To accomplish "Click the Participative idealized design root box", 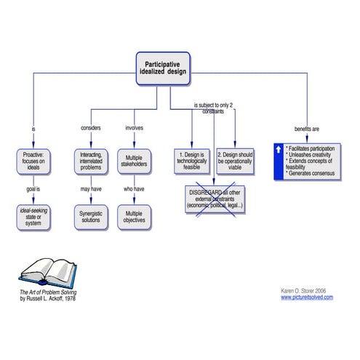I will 163,68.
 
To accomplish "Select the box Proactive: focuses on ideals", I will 33,161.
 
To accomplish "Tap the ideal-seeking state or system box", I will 33,215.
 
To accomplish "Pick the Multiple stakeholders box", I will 134,161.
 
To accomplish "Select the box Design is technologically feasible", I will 193,161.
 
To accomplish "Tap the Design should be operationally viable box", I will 236,161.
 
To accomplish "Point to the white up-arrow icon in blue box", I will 279,148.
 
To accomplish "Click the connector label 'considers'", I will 90,129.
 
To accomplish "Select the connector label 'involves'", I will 134,129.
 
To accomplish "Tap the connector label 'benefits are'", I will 306,129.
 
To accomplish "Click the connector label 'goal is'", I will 33,188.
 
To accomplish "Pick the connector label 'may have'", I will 90,188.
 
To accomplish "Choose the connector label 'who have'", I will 134,188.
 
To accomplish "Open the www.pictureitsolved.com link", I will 306,297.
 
